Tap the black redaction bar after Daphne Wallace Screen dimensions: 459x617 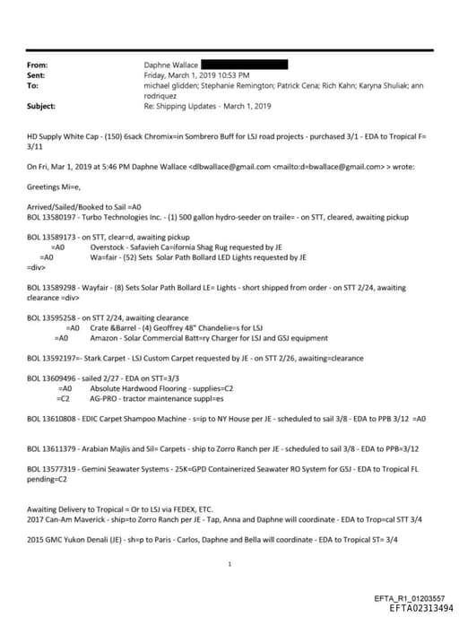coord(244,65)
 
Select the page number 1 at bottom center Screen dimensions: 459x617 coord(230,564)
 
